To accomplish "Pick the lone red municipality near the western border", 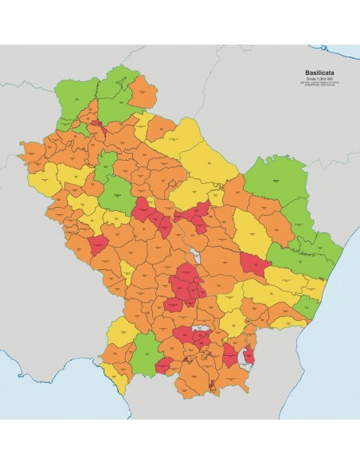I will [100, 246].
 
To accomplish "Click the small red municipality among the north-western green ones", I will [97, 126].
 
